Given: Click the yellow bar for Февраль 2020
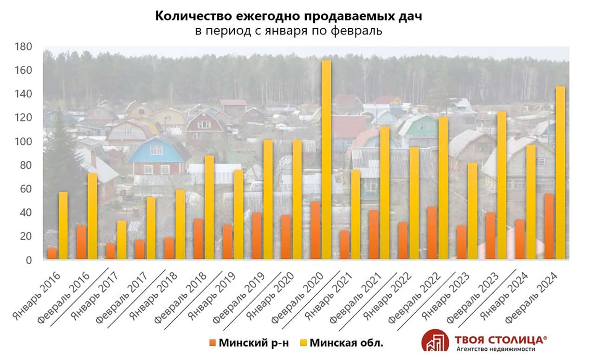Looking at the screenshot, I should (x=326, y=160).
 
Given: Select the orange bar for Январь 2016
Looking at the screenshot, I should (x=52, y=253).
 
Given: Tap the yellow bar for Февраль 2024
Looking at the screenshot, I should (x=560, y=173).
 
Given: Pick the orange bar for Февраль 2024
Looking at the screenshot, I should (x=549, y=226).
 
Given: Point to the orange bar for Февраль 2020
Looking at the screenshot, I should (x=315, y=230).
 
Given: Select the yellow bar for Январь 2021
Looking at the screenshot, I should (x=355, y=214).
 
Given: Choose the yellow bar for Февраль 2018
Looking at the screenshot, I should (x=209, y=207).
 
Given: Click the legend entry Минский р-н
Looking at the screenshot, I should (x=249, y=343).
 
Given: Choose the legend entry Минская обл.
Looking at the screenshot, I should (x=341, y=343).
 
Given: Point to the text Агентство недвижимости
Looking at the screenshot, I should (x=496, y=349).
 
